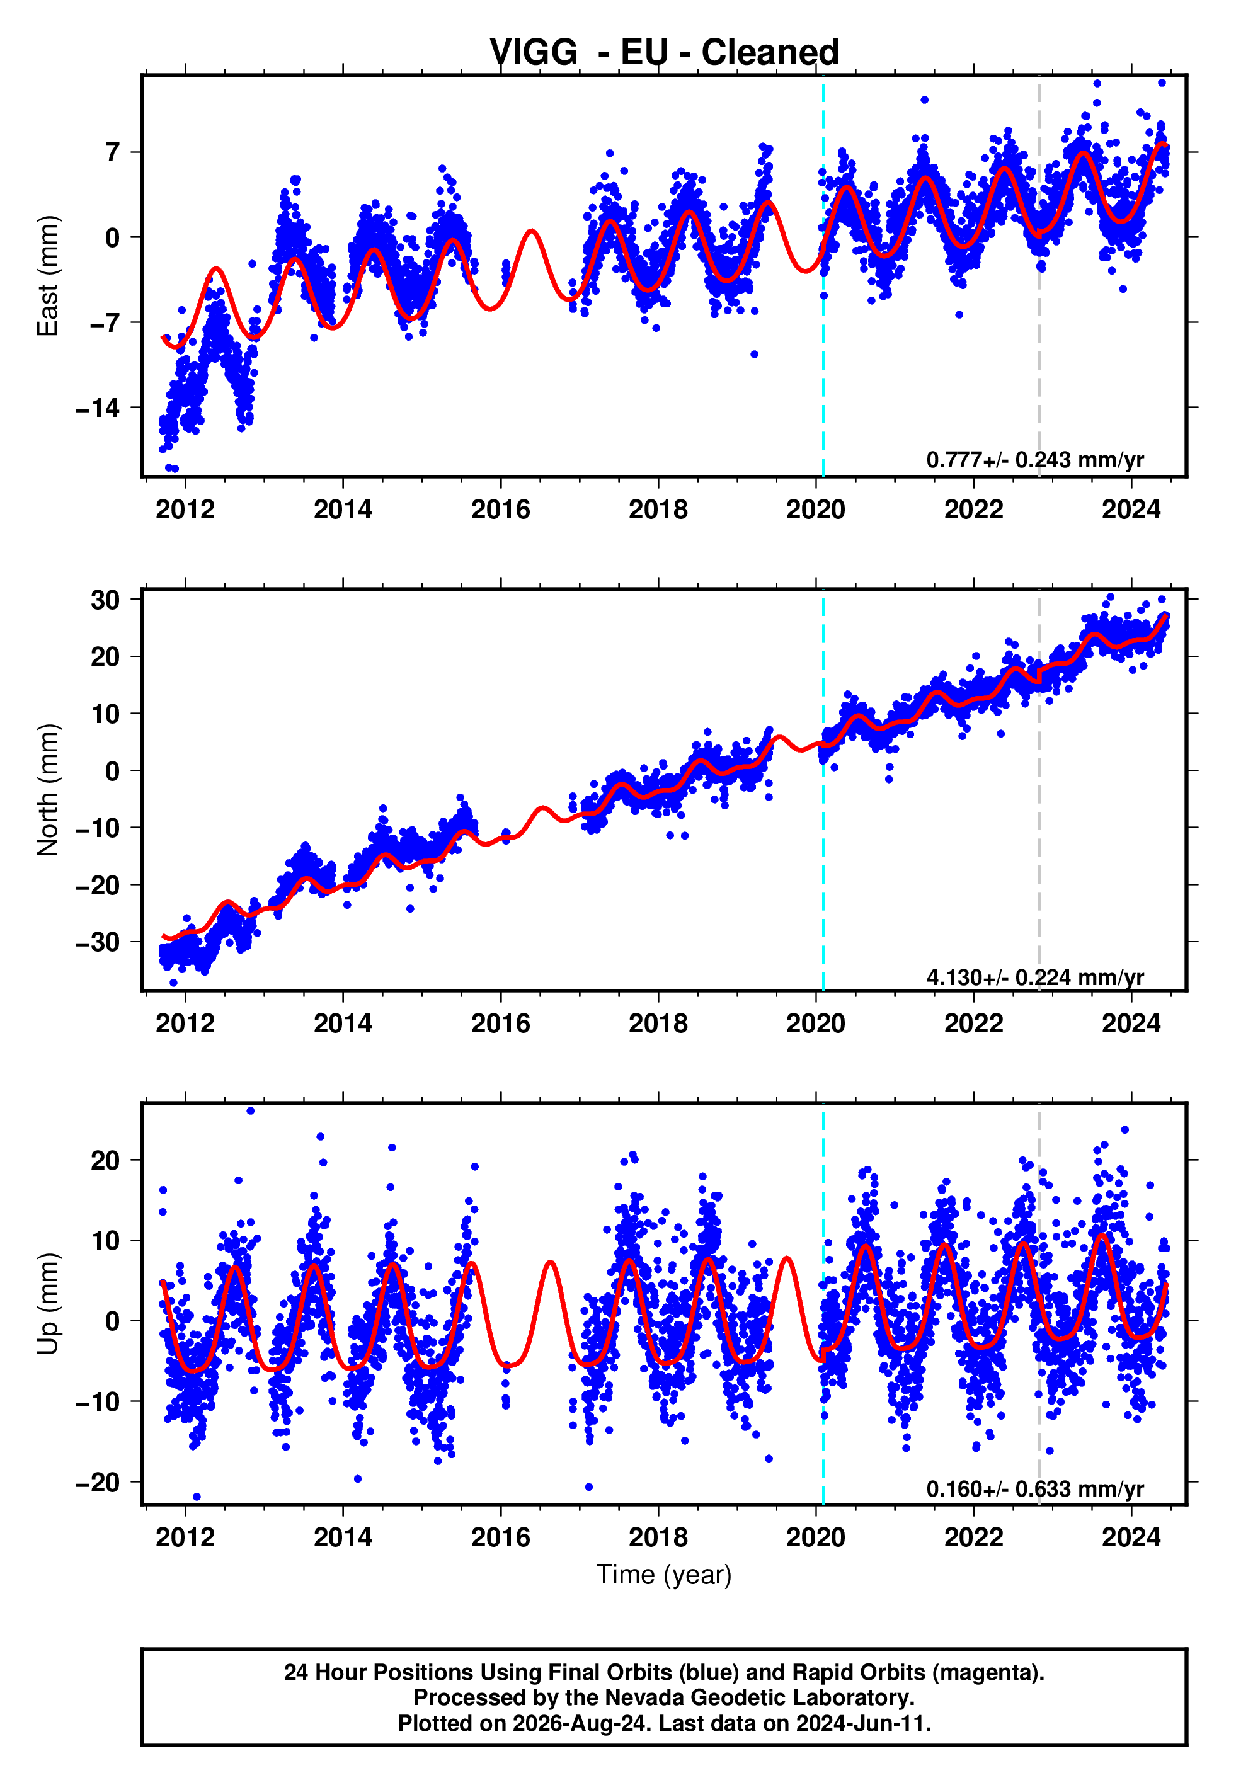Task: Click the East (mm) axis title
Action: [x=48, y=276]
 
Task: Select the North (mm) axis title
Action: [x=48, y=790]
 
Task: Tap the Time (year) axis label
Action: [x=664, y=1575]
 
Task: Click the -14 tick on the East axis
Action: [x=98, y=408]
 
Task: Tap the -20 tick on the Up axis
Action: [x=98, y=1482]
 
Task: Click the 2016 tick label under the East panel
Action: [x=500, y=510]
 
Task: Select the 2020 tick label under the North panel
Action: [x=815, y=1024]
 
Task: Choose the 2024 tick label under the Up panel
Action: [x=1131, y=1537]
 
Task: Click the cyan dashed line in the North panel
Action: [x=823, y=790]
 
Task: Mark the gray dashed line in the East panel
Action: [x=1039, y=276]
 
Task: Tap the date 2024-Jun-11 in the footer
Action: [x=861, y=1723]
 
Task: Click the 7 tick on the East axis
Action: [x=113, y=152]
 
